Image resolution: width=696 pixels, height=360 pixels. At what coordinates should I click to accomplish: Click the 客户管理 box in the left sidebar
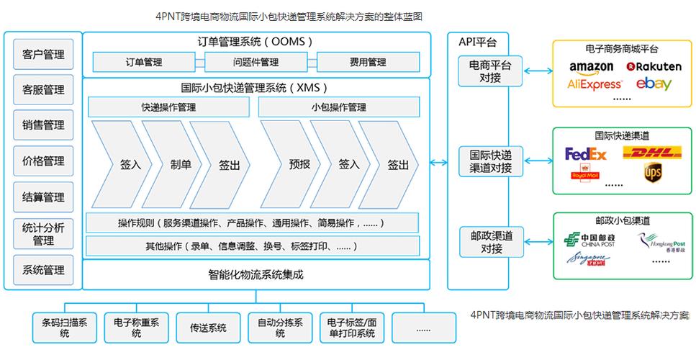pos(43,55)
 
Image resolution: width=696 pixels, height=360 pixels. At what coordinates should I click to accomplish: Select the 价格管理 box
pos(43,161)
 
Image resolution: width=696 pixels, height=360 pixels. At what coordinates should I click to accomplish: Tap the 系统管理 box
pos(43,270)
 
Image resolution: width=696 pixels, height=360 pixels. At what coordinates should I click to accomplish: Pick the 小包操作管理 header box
pos(338,108)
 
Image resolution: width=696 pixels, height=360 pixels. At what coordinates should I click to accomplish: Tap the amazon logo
pos(591,67)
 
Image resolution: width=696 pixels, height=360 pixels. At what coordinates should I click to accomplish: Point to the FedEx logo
pos(586,153)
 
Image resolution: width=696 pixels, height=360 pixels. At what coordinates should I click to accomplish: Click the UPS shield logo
pos(652,173)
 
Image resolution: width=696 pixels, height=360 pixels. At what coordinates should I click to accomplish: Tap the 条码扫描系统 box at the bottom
pos(64,328)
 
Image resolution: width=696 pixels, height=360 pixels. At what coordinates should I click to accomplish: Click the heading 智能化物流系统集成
pos(256,274)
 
